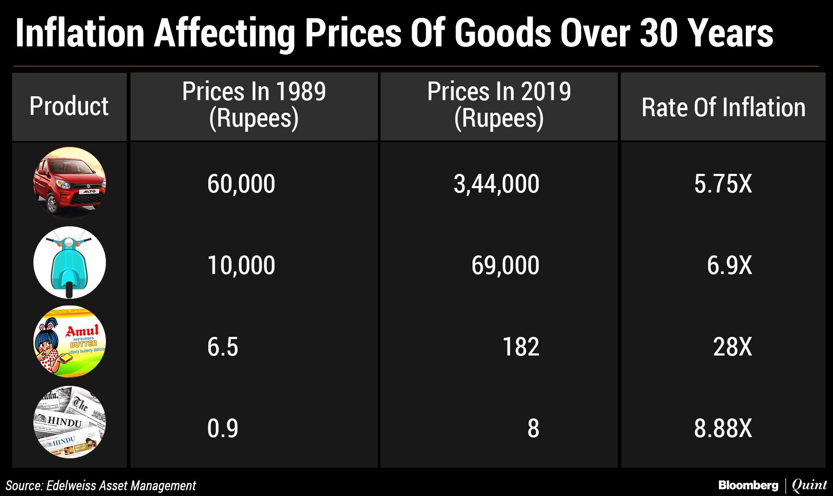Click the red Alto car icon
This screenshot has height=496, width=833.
(x=69, y=183)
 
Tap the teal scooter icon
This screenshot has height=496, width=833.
(x=69, y=263)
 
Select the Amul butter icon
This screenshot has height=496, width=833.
(x=69, y=342)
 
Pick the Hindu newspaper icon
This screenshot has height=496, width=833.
(x=69, y=422)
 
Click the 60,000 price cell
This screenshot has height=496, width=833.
(x=241, y=184)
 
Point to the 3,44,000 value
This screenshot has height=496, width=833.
(x=496, y=184)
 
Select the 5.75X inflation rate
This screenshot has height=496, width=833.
(x=723, y=184)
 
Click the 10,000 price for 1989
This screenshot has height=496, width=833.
(x=241, y=265)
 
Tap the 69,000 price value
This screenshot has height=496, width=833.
(x=505, y=265)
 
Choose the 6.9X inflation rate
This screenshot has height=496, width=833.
(x=729, y=265)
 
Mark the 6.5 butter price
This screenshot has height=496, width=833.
(x=223, y=347)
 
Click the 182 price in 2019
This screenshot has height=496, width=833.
(x=521, y=347)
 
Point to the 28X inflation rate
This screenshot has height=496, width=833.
(x=732, y=347)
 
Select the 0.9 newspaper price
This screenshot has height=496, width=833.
(x=223, y=428)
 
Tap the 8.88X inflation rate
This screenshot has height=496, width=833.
(x=723, y=428)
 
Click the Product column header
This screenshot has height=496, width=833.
(x=69, y=106)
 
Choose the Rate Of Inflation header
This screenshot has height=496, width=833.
(x=723, y=107)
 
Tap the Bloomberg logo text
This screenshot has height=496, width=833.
(x=748, y=485)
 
